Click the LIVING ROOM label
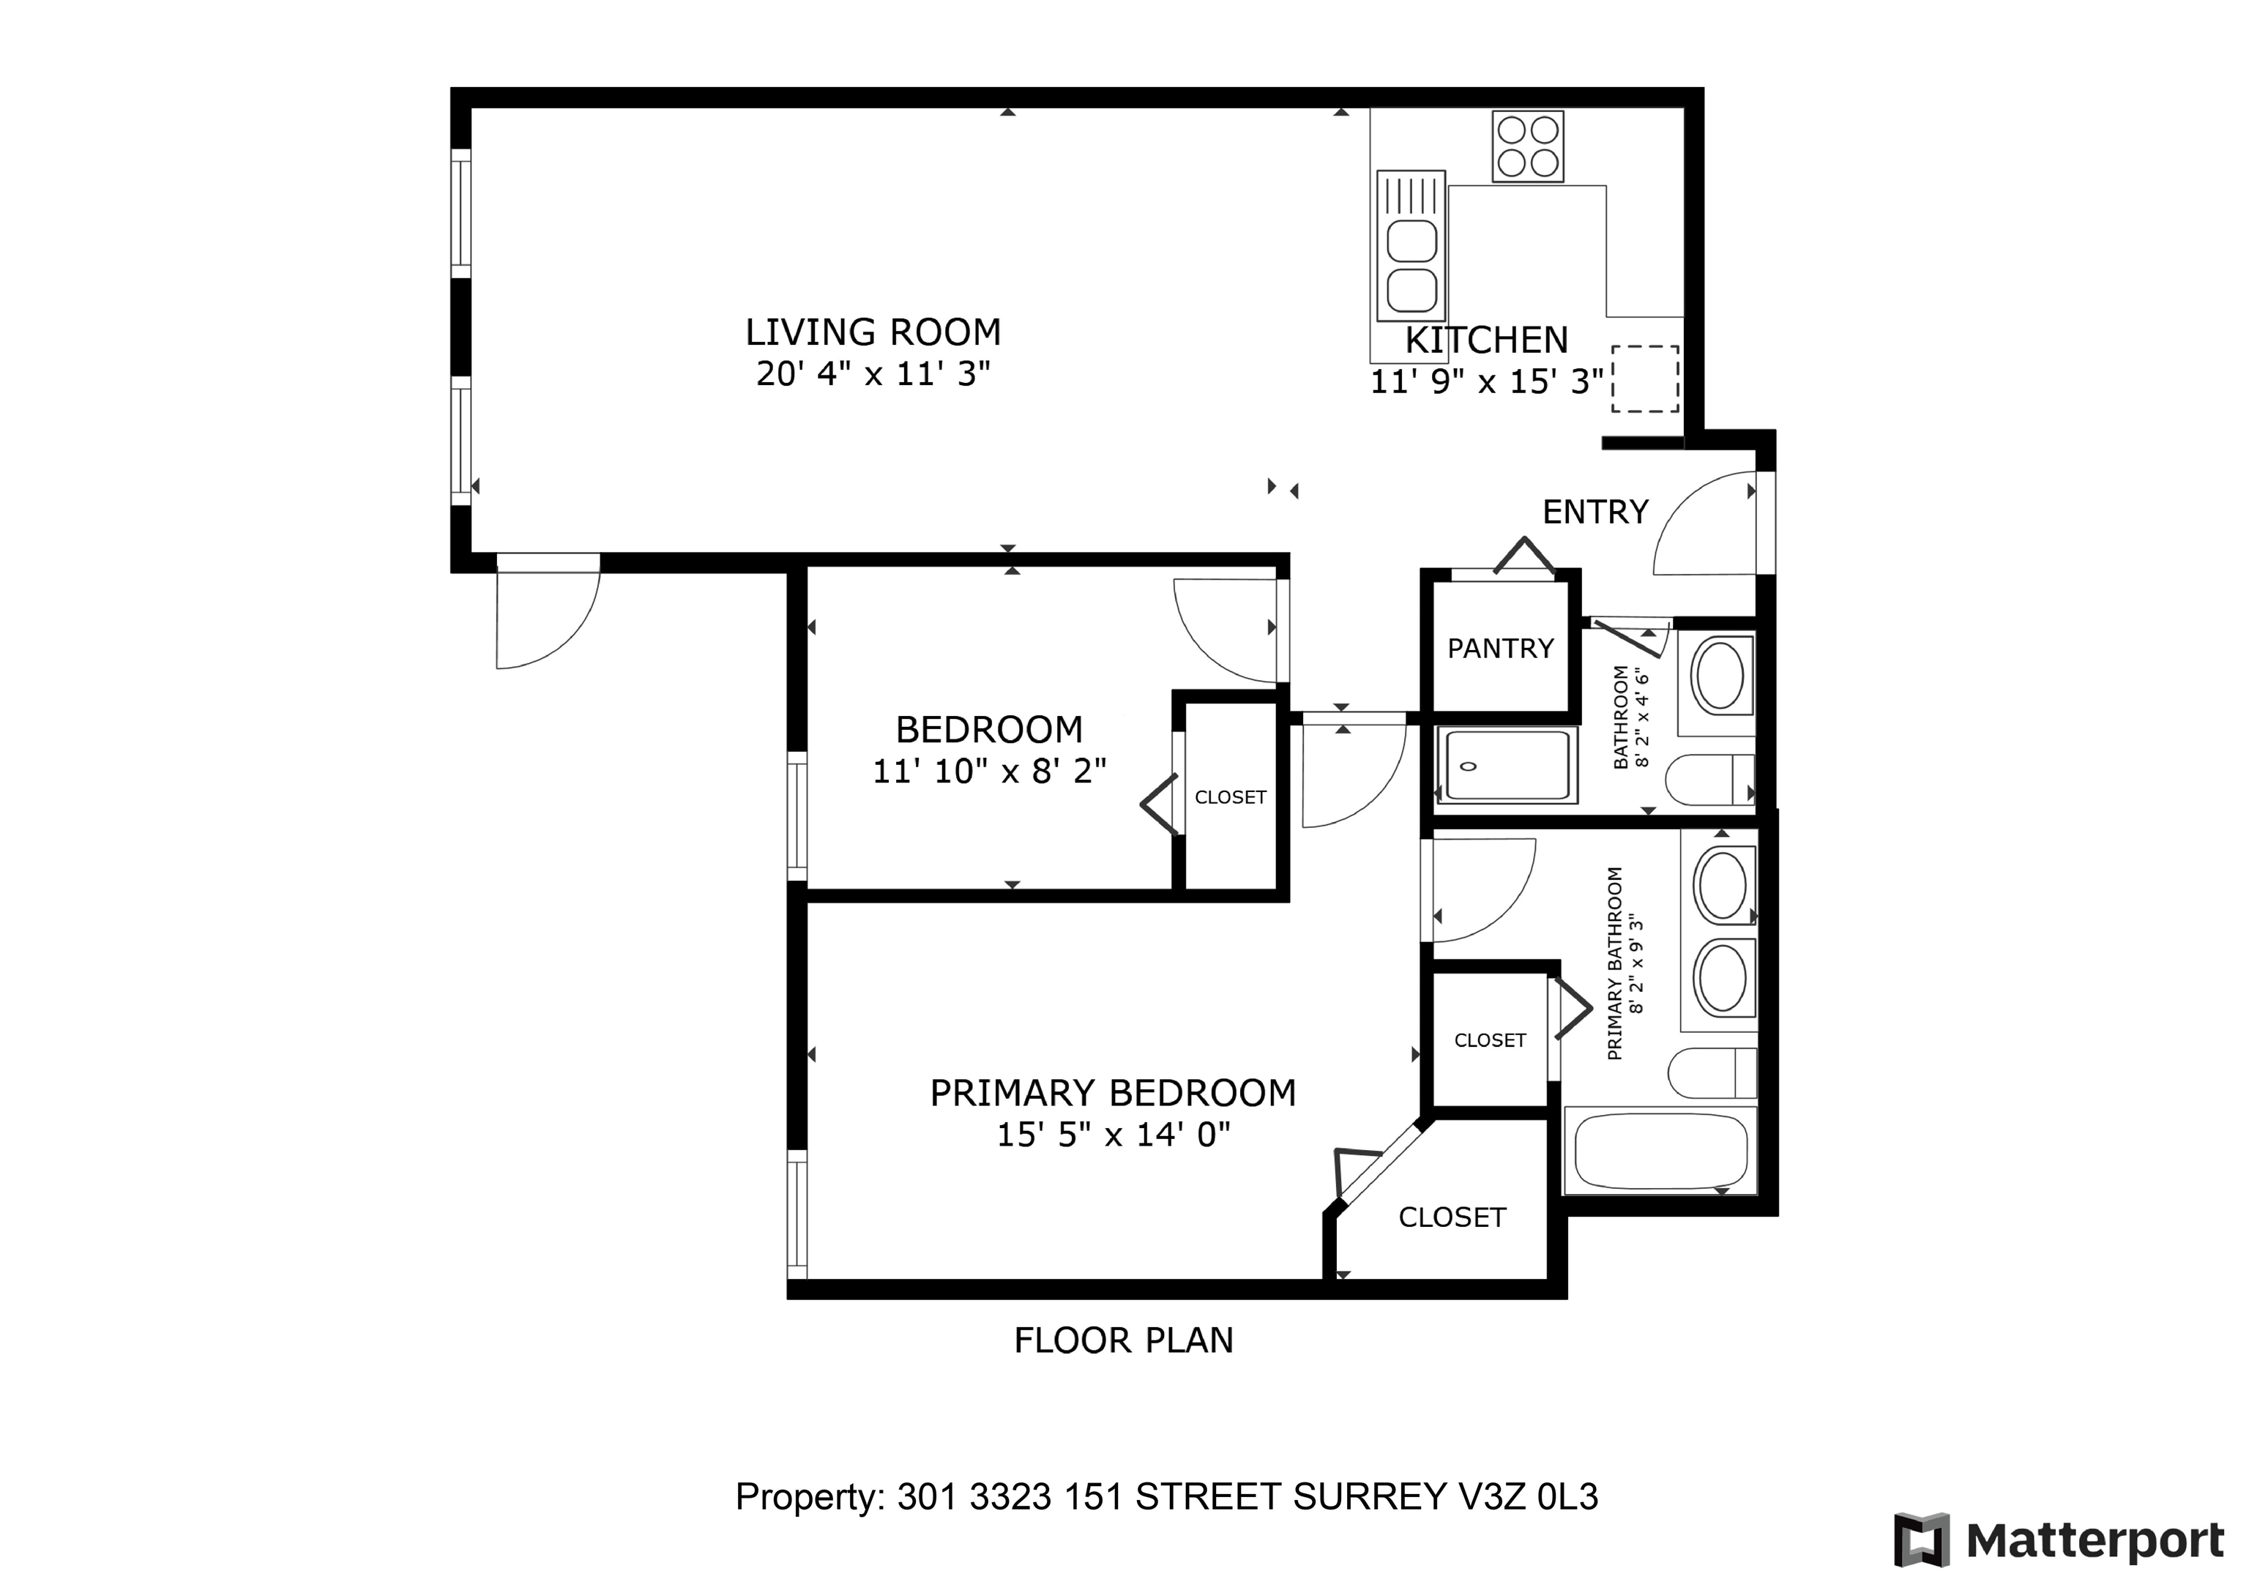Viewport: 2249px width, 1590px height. pos(873,332)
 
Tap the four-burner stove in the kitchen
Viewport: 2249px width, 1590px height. pos(1527,147)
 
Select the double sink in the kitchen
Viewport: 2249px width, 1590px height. pos(1411,246)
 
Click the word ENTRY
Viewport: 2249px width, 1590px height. pos(1596,512)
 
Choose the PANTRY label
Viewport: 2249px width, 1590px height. pos(1501,649)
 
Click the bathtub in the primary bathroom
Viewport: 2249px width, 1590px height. pos(1660,1150)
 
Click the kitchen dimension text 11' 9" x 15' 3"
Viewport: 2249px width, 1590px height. pos(1486,381)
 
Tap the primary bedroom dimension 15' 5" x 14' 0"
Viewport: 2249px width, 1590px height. pos(1114,1135)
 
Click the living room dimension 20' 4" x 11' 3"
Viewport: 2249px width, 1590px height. pos(873,373)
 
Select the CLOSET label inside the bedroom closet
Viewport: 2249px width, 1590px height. pos(1231,797)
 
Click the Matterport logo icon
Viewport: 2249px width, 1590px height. pos(1921,1540)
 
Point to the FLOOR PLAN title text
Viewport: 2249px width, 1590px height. pos(1124,1340)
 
